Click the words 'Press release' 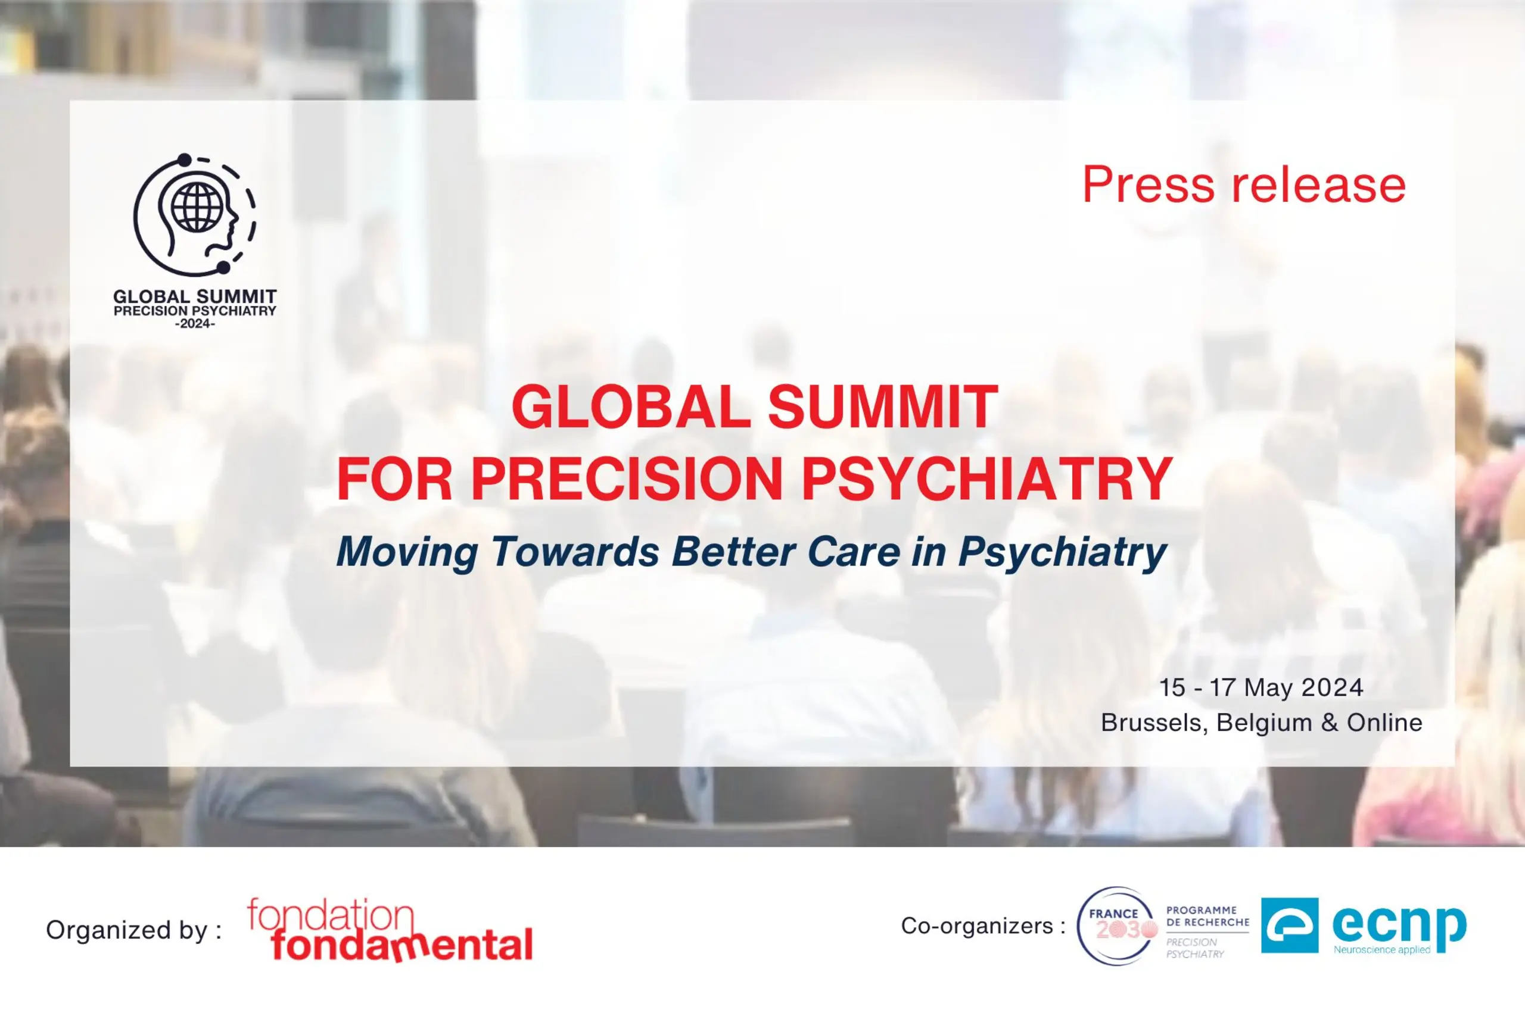[1244, 185]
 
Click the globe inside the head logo [197, 207]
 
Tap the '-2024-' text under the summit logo [195, 324]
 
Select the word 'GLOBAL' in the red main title [631, 407]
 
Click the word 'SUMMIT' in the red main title [883, 407]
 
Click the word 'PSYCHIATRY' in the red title [988, 480]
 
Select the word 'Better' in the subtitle [734, 552]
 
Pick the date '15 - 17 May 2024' [1261, 687]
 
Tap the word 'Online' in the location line [1384, 723]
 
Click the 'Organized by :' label [134, 930]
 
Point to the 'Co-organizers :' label [983, 926]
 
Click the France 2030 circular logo [1116, 926]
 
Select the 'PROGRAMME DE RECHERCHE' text [1207, 916]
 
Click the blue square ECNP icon [1290, 926]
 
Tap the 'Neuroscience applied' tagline [1381, 950]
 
